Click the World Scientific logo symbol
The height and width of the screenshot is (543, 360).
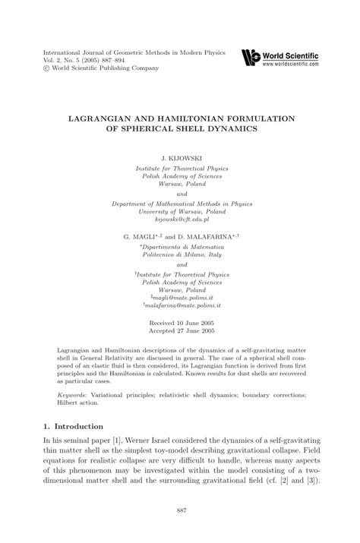click(x=248, y=56)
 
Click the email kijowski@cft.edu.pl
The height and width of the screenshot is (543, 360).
click(x=180, y=218)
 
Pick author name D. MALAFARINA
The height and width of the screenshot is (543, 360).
click(x=210, y=236)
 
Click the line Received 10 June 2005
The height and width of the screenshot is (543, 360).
click(x=180, y=324)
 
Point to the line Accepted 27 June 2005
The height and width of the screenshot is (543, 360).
click(x=180, y=332)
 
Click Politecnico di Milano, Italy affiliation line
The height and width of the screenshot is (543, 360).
click(x=181, y=254)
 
